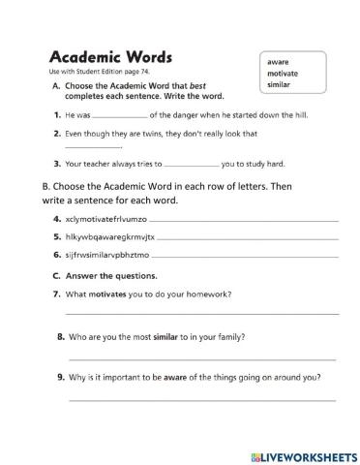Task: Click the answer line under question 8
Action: point(202,358)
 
